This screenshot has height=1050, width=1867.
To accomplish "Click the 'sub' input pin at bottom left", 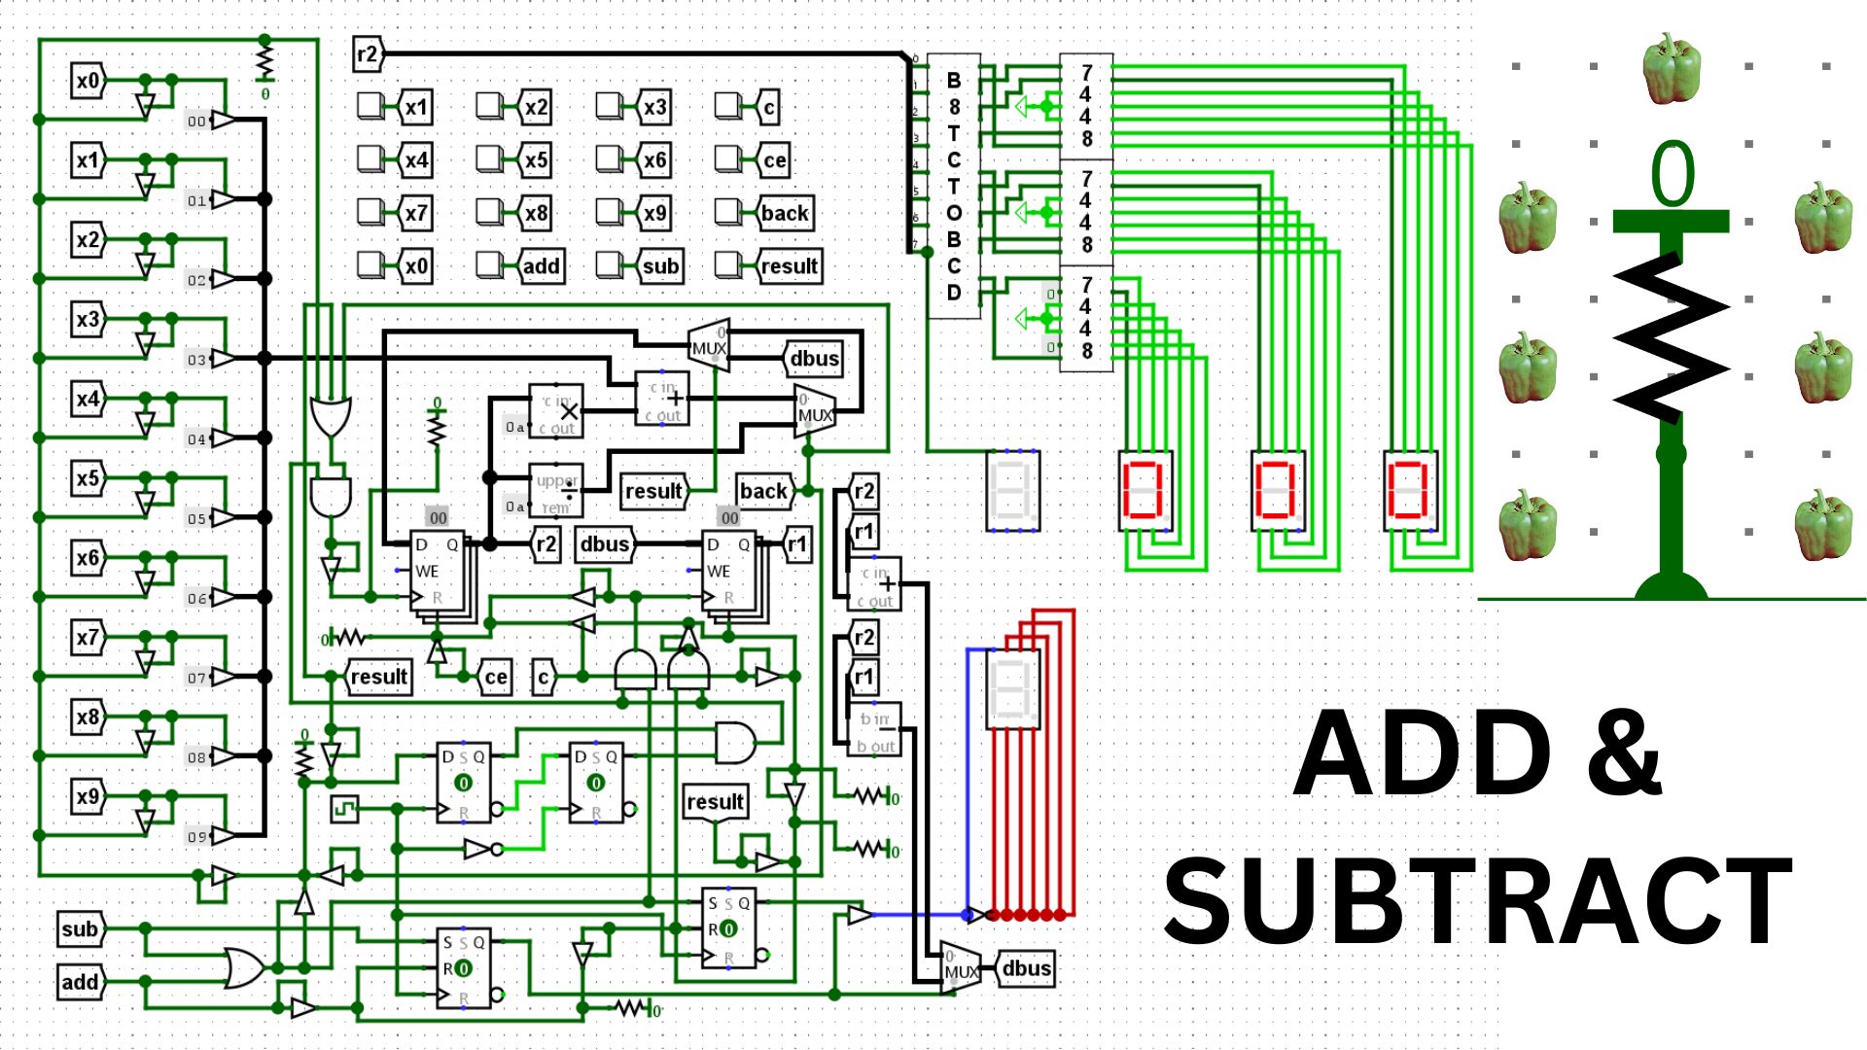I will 80,928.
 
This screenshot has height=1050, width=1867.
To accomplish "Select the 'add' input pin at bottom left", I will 80,982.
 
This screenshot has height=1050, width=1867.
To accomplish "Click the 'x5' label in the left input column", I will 88,478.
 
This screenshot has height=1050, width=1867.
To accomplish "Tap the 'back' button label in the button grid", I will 784,213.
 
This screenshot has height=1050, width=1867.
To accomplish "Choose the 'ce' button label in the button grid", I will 774,160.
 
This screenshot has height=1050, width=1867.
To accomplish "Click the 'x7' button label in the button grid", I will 416,213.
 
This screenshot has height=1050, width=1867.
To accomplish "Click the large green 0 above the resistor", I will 1673,175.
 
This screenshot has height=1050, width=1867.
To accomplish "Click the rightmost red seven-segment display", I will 1409,490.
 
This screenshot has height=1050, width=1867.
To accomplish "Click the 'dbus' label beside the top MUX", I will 814,359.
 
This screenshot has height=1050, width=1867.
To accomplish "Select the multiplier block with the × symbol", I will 557,411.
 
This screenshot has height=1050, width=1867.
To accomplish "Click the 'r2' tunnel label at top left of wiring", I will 367,54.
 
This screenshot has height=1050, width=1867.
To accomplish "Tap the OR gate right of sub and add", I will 243,968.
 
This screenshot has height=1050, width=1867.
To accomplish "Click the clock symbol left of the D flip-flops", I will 344,808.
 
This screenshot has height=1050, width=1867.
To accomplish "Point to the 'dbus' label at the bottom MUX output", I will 1026,968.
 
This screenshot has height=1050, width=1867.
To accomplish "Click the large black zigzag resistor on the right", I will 1671,335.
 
